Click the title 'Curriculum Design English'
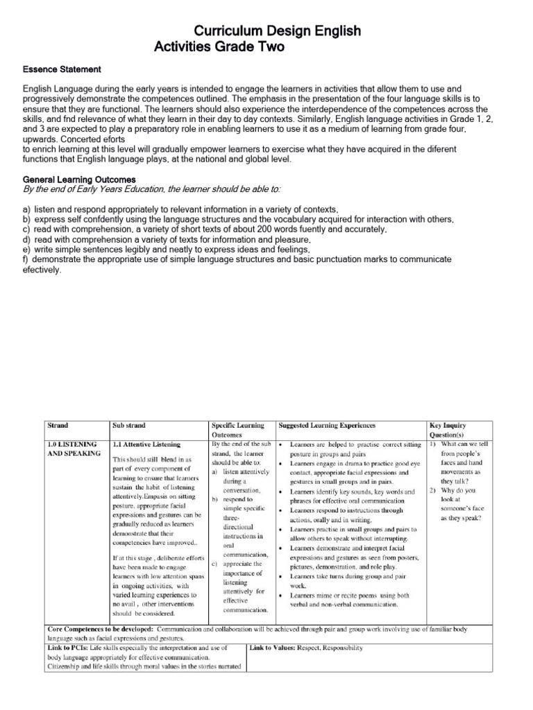(x=276, y=31)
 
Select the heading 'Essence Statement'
(x=62, y=70)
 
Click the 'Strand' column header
(x=58, y=425)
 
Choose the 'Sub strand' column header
(x=129, y=425)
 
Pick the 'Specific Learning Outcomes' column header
(x=237, y=430)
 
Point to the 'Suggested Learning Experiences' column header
(x=326, y=425)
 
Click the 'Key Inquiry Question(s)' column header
(x=450, y=430)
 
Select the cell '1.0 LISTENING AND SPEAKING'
(x=72, y=449)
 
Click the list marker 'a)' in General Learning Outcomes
(x=26, y=209)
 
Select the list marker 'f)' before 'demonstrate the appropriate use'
(x=26, y=259)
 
